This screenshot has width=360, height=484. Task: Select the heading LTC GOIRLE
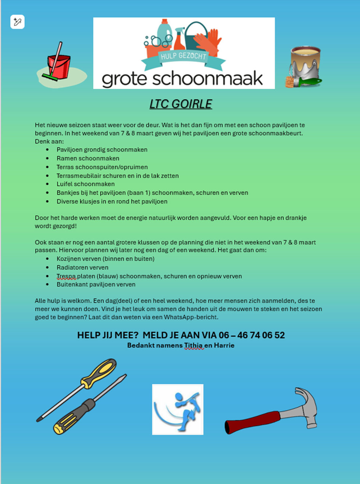coord(181,104)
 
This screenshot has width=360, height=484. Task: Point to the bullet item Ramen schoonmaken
coord(88,158)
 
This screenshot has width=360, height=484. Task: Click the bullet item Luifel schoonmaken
coord(86,184)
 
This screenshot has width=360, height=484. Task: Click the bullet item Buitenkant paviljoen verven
coord(96,285)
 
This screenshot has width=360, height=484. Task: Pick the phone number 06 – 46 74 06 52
coord(252,335)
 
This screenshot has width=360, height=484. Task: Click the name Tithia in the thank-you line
coord(194,346)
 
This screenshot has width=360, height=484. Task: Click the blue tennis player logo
coord(178,409)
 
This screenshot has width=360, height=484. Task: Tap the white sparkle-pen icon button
coord(18,22)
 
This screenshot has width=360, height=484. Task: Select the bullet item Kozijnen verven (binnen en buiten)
coord(106,259)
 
